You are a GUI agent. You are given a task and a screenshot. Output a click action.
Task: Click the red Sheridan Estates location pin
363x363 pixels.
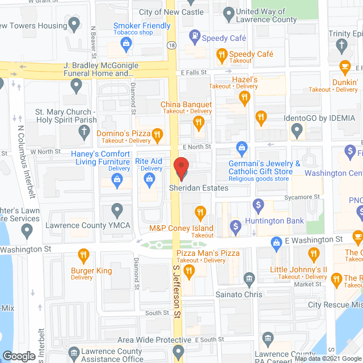pos(181,167)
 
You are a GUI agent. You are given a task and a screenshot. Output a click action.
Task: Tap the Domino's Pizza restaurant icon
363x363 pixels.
pos(158,134)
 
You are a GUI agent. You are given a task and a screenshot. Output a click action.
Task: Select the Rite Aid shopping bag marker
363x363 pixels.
pos(150,181)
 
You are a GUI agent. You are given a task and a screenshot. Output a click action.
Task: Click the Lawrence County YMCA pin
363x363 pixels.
pos(117,211)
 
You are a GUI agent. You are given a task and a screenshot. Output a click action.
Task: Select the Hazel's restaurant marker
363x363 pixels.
pos(244,98)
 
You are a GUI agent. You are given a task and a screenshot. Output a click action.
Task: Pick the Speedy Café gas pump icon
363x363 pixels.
pos(194,39)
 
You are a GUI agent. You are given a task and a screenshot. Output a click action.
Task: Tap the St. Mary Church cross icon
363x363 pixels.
pos(83,133)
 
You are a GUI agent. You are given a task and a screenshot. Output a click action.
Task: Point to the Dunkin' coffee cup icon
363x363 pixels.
pos(344,66)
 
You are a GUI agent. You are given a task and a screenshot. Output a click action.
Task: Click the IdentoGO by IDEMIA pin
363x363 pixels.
pos(296,132)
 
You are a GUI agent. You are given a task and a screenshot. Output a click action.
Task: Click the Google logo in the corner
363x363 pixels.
pos(19,356)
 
